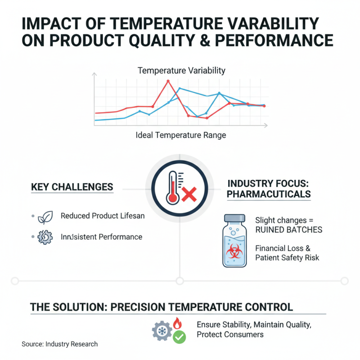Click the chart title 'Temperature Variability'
(x=181, y=71)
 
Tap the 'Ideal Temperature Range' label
(x=180, y=135)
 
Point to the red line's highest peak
(x=168, y=81)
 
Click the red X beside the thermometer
(x=189, y=195)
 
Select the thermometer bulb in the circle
(x=172, y=197)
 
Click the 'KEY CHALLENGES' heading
(x=72, y=187)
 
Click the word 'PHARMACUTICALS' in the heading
(x=269, y=194)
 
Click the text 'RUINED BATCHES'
(x=288, y=230)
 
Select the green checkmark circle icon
(x=180, y=337)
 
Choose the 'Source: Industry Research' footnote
(x=59, y=344)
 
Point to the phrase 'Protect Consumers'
(x=230, y=335)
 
